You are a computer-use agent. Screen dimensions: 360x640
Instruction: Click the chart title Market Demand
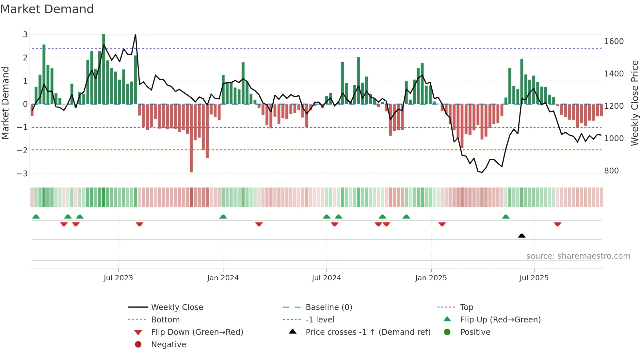(x=47, y=9)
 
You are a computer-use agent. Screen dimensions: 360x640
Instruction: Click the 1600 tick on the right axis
(x=614, y=41)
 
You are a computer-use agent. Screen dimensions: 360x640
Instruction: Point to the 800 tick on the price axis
(x=611, y=171)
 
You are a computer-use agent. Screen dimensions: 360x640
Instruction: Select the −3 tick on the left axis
(x=23, y=173)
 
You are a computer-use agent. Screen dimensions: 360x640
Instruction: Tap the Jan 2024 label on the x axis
(x=223, y=278)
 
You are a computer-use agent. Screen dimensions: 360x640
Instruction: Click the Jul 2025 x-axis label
(x=534, y=278)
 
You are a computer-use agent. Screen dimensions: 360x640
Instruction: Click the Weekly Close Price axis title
(x=634, y=103)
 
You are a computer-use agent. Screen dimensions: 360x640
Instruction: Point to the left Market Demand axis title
(x=6, y=103)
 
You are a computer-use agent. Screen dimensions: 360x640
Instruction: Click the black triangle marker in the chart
(x=521, y=236)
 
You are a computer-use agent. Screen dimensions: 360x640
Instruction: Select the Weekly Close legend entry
(x=177, y=307)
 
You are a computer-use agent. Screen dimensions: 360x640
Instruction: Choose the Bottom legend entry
(x=165, y=320)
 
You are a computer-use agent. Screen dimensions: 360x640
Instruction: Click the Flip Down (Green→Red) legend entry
(x=197, y=332)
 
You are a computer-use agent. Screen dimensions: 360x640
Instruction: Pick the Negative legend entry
(x=168, y=345)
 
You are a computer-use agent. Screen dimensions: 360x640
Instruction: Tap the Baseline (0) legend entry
(x=328, y=307)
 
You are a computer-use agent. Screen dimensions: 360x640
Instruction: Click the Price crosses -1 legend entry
(x=368, y=332)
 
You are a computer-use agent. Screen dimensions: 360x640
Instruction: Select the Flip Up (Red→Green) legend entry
(x=500, y=320)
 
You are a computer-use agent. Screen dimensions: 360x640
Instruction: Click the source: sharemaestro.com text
(x=578, y=256)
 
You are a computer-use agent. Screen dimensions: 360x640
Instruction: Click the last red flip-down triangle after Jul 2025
(x=557, y=224)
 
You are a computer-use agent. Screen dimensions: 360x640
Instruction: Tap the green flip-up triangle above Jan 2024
(x=223, y=217)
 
